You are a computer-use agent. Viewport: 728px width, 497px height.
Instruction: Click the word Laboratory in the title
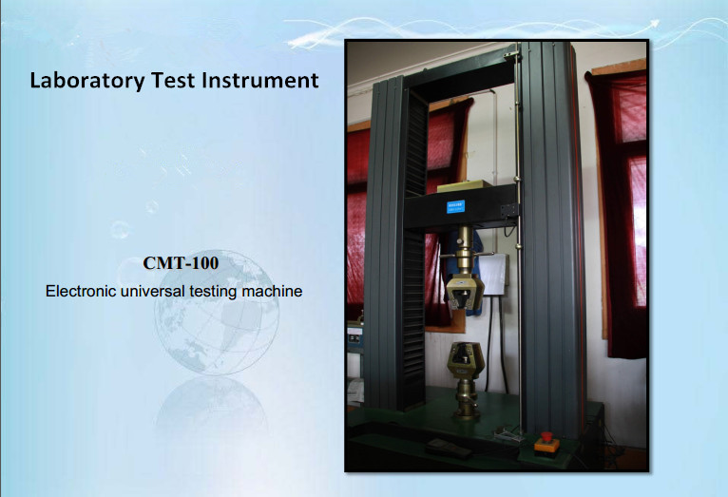click(87, 80)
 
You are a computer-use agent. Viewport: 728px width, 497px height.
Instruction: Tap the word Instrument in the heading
click(260, 80)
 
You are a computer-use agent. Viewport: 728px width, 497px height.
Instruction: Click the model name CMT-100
click(181, 262)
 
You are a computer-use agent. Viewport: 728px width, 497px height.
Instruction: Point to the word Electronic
click(81, 292)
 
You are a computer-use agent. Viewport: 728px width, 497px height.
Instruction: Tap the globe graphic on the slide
click(217, 313)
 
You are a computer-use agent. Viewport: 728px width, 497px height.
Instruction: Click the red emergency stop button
click(546, 442)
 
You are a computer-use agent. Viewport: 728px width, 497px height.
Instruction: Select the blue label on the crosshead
click(455, 206)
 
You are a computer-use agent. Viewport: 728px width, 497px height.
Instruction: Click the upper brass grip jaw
click(465, 292)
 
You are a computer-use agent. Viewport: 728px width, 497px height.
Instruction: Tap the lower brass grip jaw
click(466, 360)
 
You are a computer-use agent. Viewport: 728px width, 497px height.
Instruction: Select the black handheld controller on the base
click(447, 448)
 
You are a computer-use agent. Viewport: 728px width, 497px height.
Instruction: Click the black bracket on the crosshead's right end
click(508, 210)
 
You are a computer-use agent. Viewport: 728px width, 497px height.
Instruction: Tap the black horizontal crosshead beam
click(461, 207)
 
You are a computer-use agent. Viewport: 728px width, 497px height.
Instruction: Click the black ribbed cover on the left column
click(414, 251)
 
